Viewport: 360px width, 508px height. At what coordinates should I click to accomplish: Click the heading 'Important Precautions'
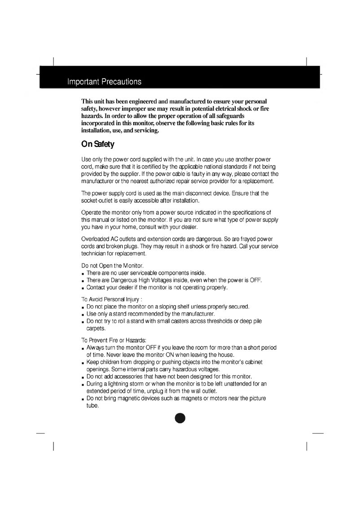point(104,82)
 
